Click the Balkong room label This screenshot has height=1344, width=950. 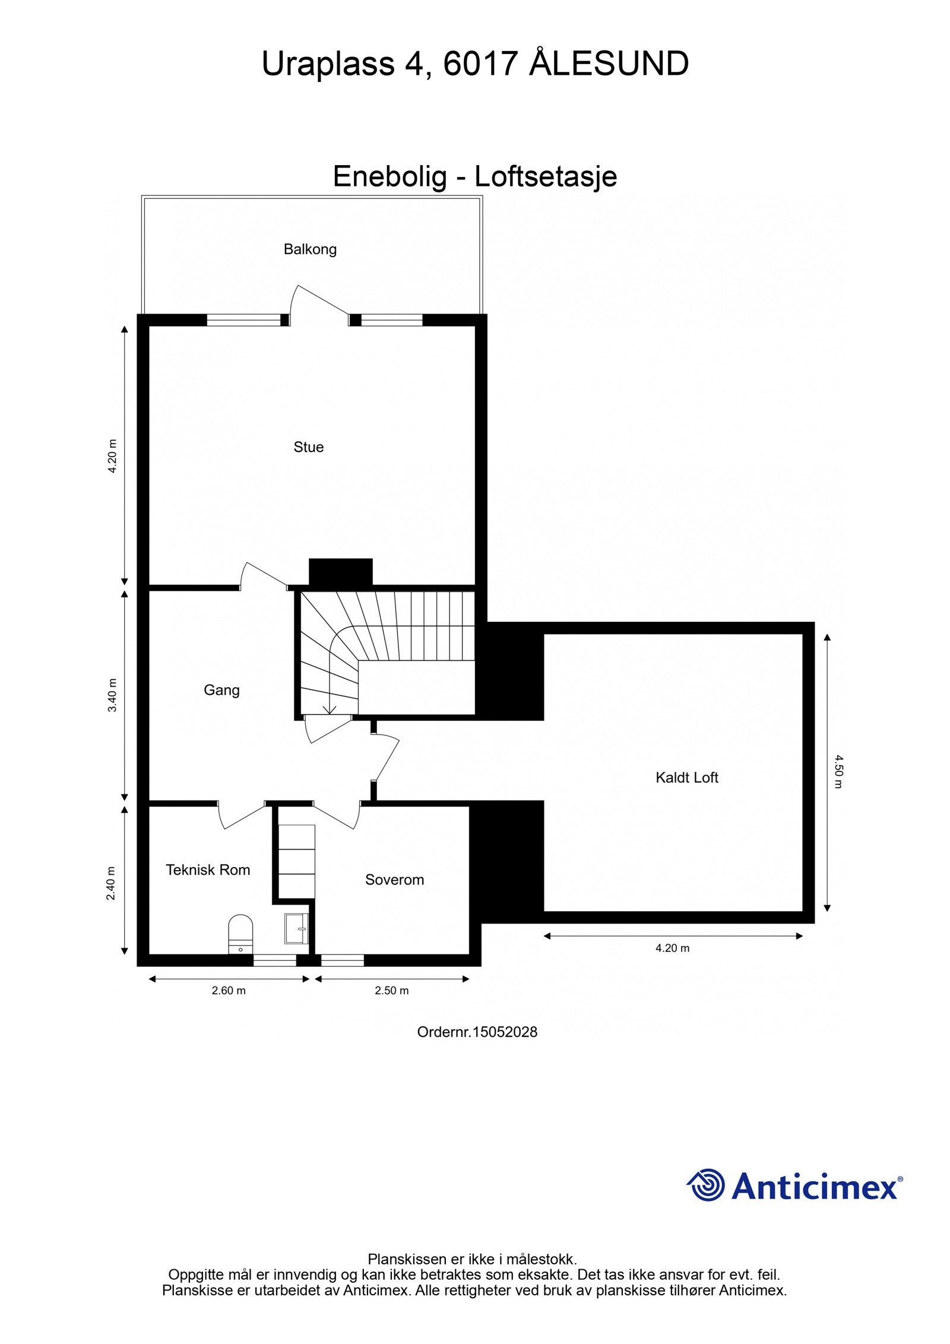point(310,249)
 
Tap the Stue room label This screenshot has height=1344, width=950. point(308,447)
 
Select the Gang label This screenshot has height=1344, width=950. point(221,690)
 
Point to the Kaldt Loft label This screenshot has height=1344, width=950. point(686,777)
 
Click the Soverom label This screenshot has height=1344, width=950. point(394,880)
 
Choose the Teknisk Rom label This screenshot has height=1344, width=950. point(208,870)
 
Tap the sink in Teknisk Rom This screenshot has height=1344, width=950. point(296,928)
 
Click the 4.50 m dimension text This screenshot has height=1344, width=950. point(837,771)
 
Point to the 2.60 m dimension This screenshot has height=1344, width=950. point(229,991)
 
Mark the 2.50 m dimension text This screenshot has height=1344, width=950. point(391,991)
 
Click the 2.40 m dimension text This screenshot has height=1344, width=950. point(111,884)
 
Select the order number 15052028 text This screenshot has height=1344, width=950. point(477,1032)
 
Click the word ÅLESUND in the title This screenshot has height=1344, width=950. point(609,64)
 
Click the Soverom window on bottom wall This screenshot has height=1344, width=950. point(343,960)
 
